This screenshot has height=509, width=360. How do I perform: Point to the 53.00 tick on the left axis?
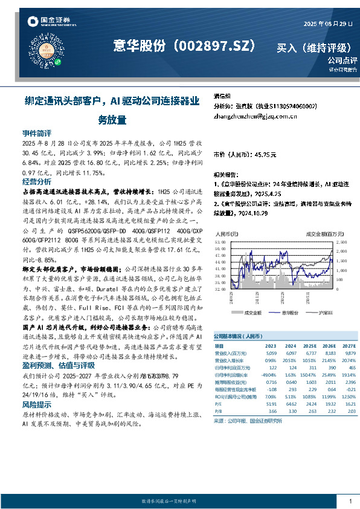tap(220, 242)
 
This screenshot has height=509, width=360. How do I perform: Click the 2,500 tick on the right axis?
tap(341, 242)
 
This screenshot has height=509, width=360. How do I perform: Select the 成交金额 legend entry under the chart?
tap(252, 313)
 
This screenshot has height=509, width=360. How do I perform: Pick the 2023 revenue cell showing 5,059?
tap(271, 353)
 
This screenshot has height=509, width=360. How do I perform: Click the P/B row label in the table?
tap(219, 410)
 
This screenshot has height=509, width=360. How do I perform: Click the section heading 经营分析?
tap(37, 181)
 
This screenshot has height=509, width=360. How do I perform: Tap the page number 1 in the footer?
tap(350, 501)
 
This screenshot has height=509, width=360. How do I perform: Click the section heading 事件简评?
tap(37, 133)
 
